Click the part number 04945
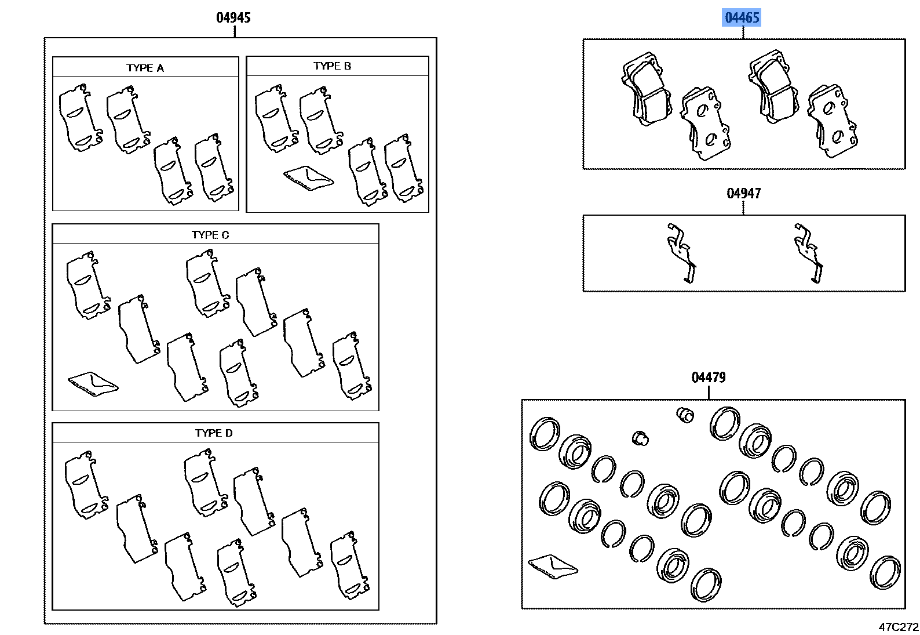[233, 17]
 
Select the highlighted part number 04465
[742, 17]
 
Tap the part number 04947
[743, 193]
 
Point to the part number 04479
[708, 378]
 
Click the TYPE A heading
[145, 68]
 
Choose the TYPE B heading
[332, 66]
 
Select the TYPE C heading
[210, 235]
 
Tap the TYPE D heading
[214, 433]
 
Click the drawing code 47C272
[898, 627]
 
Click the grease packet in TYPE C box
[92, 383]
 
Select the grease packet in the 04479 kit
[553, 566]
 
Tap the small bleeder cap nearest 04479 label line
[685, 414]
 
